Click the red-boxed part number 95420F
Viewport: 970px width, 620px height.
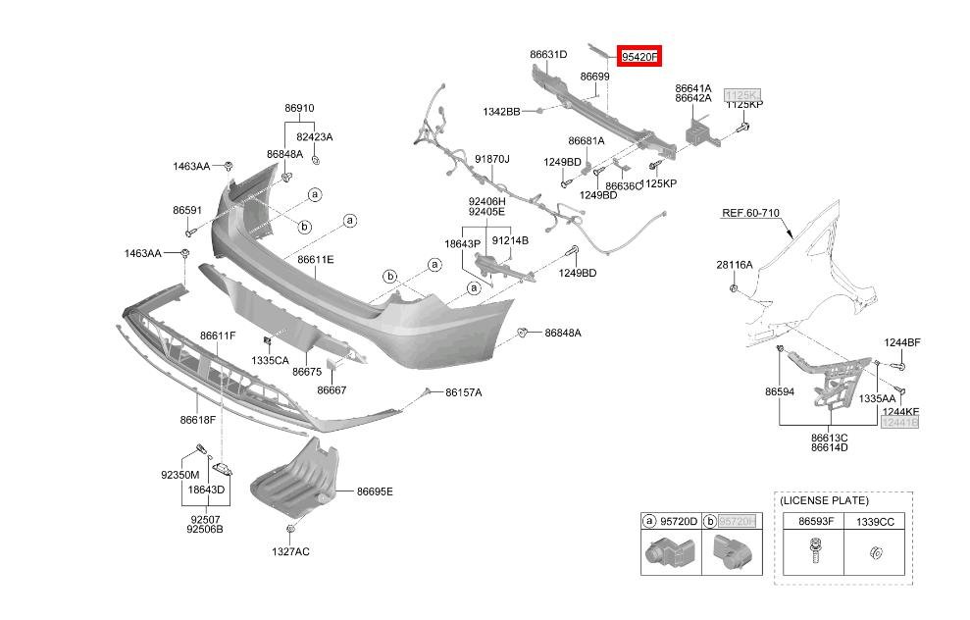(639, 57)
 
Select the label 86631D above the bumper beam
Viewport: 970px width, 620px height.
(548, 55)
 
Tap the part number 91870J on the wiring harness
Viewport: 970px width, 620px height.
(492, 158)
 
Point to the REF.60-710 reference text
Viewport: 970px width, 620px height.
(750, 212)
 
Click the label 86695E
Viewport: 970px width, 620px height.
(375, 491)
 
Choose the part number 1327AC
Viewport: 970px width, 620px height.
(290, 551)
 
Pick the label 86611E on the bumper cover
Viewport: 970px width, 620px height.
(316, 259)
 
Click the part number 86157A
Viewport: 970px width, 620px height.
(463, 392)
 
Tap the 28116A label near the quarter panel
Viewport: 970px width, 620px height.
(734, 265)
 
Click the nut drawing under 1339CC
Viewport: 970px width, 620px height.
(876, 554)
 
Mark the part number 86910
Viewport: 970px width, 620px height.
(299, 108)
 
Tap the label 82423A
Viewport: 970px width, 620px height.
(315, 137)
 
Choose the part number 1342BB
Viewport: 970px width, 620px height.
(501, 112)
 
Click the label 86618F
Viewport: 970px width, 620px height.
(197, 419)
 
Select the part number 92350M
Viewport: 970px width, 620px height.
(180, 474)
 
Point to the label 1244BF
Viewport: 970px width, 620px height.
(901, 342)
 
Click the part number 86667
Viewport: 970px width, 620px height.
(332, 389)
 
